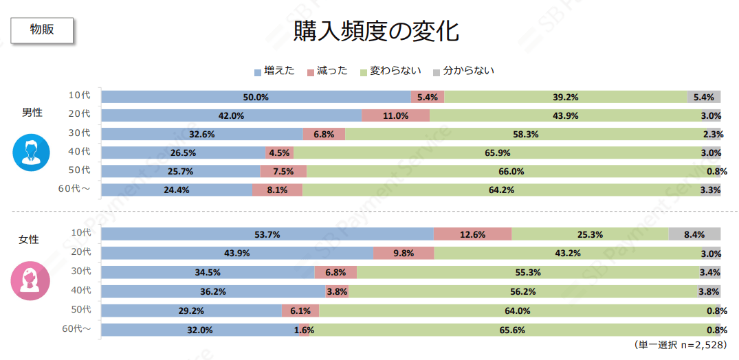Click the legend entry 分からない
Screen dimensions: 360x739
click(463, 71)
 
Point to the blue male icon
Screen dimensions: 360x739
click(32, 153)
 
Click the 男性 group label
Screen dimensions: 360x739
click(32, 112)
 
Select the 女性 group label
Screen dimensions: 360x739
click(29, 240)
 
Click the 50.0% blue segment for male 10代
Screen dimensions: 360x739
click(256, 97)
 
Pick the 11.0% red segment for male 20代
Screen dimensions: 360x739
click(395, 115)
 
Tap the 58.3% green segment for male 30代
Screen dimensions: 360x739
click(527, 134)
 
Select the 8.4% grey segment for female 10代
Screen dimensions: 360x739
click(694, 234)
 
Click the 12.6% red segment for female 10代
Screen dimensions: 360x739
click(473, 234)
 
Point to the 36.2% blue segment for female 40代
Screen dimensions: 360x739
click(213, 291)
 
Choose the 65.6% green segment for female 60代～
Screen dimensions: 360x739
click(511, 330)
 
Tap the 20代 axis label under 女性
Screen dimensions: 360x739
click(80, 252)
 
